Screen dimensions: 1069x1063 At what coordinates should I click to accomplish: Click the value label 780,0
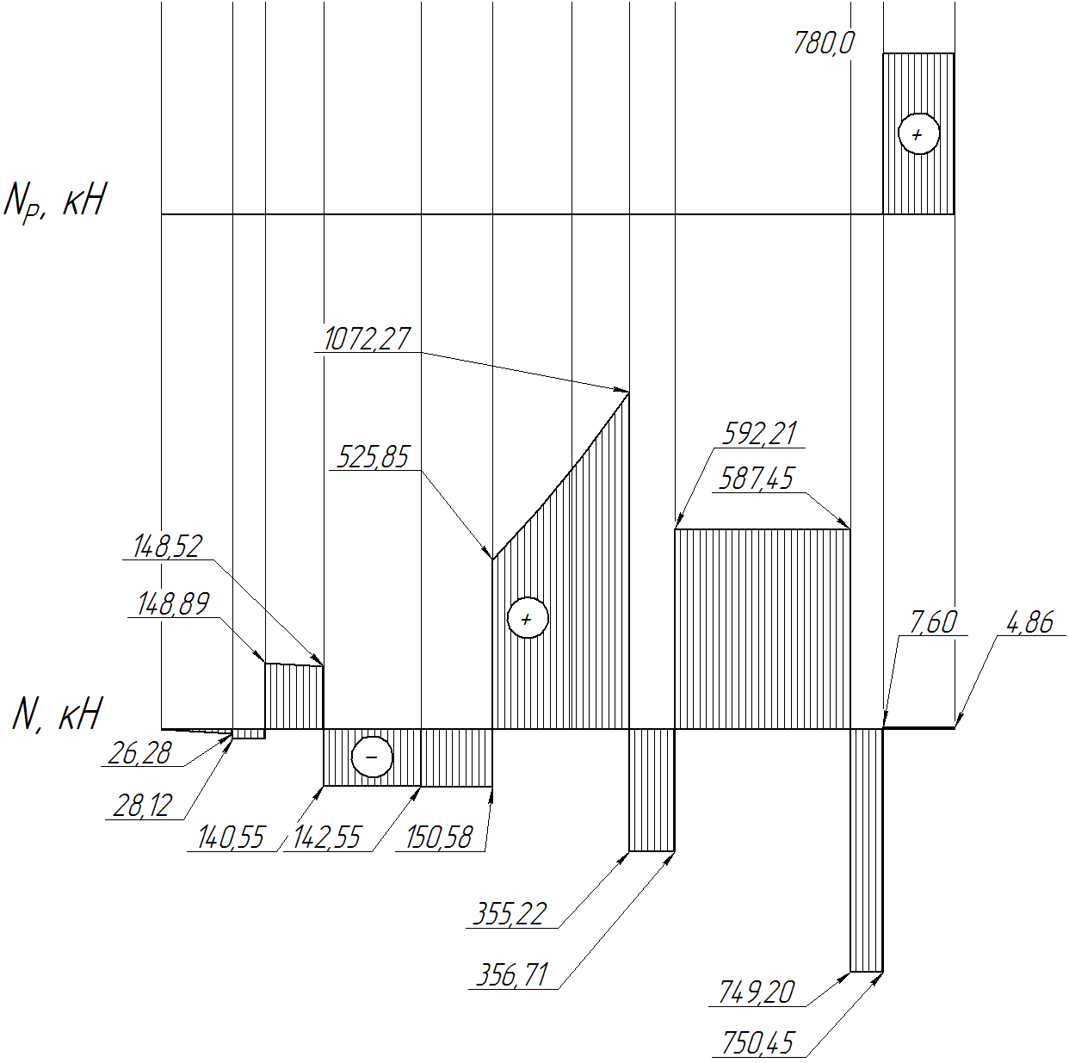coord(824,43)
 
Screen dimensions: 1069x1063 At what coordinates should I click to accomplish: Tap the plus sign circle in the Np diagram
coord(918,133)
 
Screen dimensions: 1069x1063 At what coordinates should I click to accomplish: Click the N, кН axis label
coord(57,714)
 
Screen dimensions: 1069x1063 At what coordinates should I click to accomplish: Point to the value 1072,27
coord(367,338)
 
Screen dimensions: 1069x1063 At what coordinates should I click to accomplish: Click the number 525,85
coord(372,457)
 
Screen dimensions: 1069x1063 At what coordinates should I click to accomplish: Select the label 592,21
coord(759,433)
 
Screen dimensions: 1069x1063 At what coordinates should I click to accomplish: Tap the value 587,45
coord(756,479)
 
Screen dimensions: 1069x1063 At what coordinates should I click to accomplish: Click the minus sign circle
coord(372,757)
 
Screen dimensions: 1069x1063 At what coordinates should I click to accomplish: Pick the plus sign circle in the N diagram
coord(528,618)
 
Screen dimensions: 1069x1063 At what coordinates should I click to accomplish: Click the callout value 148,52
coord(168,547)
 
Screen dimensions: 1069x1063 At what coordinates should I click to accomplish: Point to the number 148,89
coord(173,603)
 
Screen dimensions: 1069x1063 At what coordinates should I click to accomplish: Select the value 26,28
coord(139,754)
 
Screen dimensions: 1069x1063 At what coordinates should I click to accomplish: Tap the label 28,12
coord(143,807)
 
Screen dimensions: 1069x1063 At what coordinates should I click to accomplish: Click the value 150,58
coord(439,837)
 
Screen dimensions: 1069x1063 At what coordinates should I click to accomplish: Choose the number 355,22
coord(510,914)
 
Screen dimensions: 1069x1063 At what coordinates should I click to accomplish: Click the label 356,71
coord(512,975)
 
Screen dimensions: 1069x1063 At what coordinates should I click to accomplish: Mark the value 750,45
coord(757,1043)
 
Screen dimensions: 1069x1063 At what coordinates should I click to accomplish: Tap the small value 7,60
coord(933,622)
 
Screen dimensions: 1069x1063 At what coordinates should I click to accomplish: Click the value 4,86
coord(1029,623)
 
